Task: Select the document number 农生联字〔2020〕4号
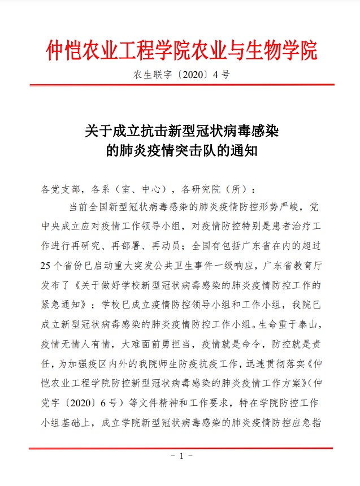(180, 75)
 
